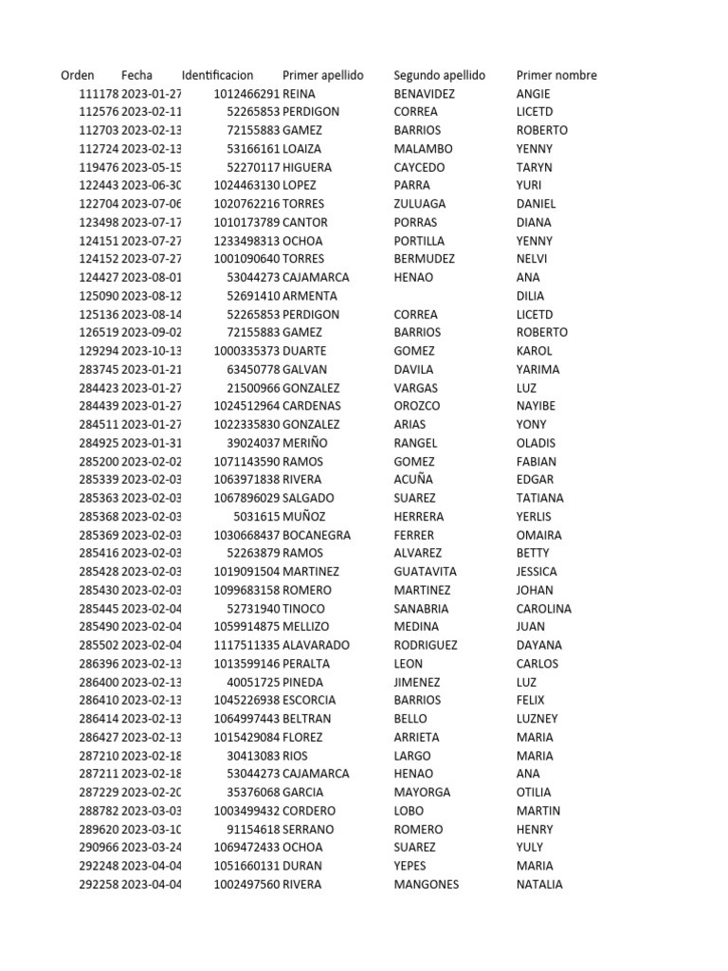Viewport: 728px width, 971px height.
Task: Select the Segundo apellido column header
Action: point(439,75)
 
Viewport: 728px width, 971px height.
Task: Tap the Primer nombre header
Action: point(556,75)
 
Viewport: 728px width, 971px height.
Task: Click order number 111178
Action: point(99,94)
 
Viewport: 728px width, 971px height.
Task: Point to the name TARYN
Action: point(534,167)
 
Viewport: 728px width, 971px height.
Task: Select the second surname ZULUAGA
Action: point(419,204)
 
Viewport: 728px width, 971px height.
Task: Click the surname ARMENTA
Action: point(310,296)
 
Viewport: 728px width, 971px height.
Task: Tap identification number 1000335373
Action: point(246,351)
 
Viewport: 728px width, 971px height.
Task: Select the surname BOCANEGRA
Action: point(317,535)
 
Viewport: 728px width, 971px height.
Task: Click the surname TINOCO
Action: point(303,609)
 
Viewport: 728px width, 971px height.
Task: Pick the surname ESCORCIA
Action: point(310,701)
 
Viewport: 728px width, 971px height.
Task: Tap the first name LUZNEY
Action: point(537,719)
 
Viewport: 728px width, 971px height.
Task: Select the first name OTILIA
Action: point(534,793)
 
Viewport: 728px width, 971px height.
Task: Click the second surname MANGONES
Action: point(426,885)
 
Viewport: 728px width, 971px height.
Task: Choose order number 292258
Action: point(99,885)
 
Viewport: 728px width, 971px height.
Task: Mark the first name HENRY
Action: point(535,829)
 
